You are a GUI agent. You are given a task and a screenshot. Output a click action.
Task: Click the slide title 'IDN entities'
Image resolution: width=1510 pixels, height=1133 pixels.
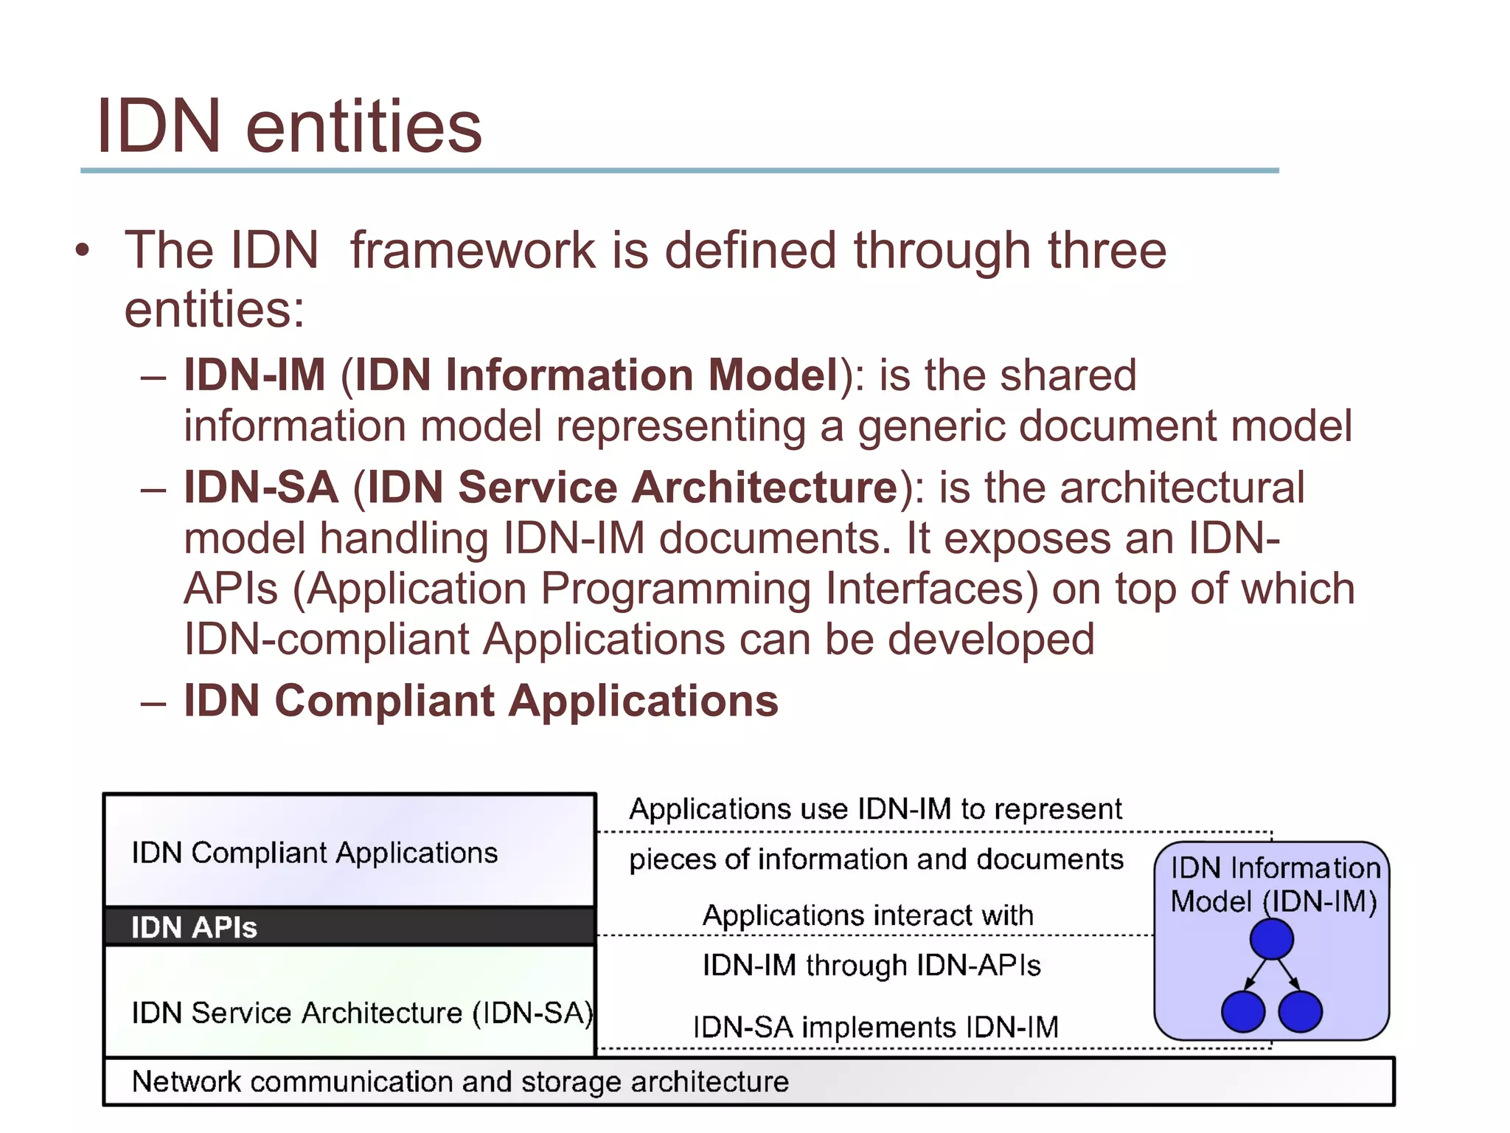[288, 127]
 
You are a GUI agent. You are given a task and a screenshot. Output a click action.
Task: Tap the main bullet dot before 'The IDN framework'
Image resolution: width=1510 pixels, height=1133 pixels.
[83, 250]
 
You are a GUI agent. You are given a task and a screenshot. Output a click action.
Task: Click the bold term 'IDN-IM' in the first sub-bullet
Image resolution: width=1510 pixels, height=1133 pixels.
[254, 375]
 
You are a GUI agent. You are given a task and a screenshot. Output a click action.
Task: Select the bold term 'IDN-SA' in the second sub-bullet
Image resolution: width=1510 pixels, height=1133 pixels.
[261, 488]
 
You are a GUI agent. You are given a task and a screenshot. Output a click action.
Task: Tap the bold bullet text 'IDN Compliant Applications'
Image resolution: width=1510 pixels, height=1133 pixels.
[481, 700]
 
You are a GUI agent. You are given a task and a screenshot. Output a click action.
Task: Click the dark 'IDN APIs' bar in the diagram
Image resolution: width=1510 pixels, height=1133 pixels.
[349, 927]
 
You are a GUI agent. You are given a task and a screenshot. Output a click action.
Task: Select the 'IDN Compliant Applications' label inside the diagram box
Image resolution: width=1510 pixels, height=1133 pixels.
[315, 853]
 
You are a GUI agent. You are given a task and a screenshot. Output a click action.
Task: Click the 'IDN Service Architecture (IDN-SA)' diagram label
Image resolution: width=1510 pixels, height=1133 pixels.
[361, 1013]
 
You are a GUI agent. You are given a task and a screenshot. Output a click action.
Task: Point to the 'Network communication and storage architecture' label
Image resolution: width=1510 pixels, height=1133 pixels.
[460, 1082]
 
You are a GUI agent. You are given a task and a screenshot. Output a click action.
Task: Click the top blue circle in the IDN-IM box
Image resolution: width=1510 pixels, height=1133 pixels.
[1271, 940]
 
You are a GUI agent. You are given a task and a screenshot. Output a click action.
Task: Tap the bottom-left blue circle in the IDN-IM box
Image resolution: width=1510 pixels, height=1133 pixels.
[1243, 1011]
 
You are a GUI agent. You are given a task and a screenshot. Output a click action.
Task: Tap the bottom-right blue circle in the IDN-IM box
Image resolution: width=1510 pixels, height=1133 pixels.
[1300, 1011]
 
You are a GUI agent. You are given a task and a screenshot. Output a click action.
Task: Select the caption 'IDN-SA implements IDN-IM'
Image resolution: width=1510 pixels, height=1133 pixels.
[875, 1027]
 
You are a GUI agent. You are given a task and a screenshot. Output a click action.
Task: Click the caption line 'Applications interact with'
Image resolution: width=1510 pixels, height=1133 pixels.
[868, 915]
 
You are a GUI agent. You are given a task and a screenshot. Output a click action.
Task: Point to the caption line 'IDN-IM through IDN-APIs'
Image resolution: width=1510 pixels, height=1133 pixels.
[871, 966]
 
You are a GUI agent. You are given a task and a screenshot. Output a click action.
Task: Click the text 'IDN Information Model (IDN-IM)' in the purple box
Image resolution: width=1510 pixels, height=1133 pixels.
[1274, 884]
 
